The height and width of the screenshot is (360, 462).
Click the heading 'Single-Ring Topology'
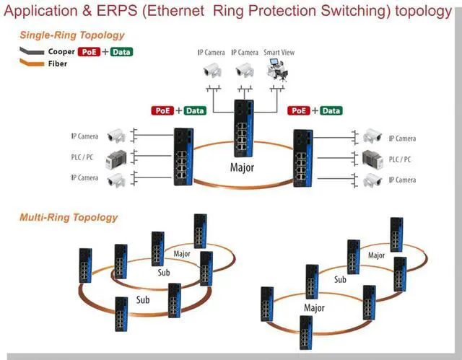(71, 35)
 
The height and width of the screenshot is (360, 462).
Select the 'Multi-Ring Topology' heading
(69, 217)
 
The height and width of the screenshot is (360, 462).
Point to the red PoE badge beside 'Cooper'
(89, 52)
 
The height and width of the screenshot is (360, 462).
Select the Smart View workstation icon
(277, 70)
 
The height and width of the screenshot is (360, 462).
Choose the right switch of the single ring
(302, 157)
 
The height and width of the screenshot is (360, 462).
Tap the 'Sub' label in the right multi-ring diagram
(340, 279)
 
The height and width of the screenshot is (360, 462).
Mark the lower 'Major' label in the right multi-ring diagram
(314, 307)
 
